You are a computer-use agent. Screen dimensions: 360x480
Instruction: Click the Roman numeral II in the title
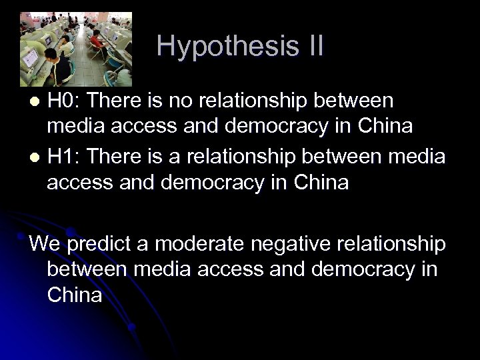coord(311,46)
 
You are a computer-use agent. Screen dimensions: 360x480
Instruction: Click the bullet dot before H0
coord(37,101)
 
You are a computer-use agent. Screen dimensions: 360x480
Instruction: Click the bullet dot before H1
coord(37,156)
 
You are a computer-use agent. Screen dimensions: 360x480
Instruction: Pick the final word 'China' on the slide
coord(75,295)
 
